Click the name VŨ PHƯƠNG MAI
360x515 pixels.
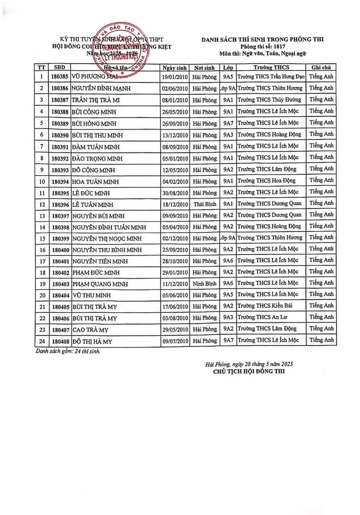tap(95, 76)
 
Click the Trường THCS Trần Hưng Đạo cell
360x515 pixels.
tap(271, 76)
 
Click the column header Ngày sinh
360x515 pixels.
tap(174, 67)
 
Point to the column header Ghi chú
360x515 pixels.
tap(321, 67)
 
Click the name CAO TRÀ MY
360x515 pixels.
tap(91, 330)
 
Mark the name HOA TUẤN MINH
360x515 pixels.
tap(96, 181)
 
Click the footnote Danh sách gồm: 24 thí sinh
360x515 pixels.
tap(68, 351)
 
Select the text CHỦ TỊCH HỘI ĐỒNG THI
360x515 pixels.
tap(249, 371)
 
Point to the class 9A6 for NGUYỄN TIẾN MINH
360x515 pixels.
tap(228, 261)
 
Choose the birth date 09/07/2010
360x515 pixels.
tap(174, 341)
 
